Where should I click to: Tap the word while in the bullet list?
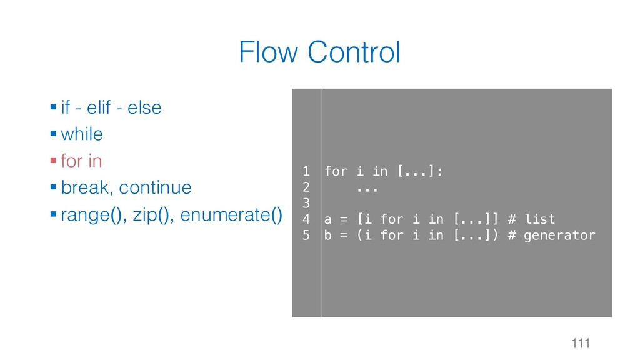coord(82,134)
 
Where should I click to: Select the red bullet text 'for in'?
coord(81,161)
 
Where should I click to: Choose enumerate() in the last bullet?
coord(231,216)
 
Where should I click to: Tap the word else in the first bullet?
coord(144,107)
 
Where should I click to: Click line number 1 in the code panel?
coord(306,171)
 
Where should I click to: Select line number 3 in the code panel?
coord(306,203)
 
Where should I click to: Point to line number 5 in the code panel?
coord(306,236)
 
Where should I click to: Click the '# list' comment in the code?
coord(532,219)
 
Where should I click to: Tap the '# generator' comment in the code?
coord(552,236)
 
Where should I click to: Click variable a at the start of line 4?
coord(328,219)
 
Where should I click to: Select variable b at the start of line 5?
coord(328,236)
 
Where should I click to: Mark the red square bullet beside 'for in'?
coord(54,161)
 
